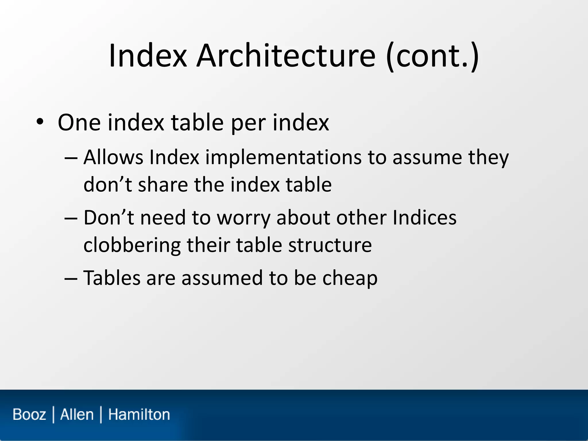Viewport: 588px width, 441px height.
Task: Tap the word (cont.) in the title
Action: coord(432,56)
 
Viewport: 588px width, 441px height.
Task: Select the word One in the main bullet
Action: coord(79,123)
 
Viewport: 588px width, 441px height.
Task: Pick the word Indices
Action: coord(424,217)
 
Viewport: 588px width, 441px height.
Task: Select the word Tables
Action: coord(112,278)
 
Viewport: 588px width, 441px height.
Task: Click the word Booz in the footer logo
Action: coord(29,415)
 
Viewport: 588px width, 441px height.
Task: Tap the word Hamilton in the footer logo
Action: coord(139,415)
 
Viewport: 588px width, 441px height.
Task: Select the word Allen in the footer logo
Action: coord(77,415)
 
